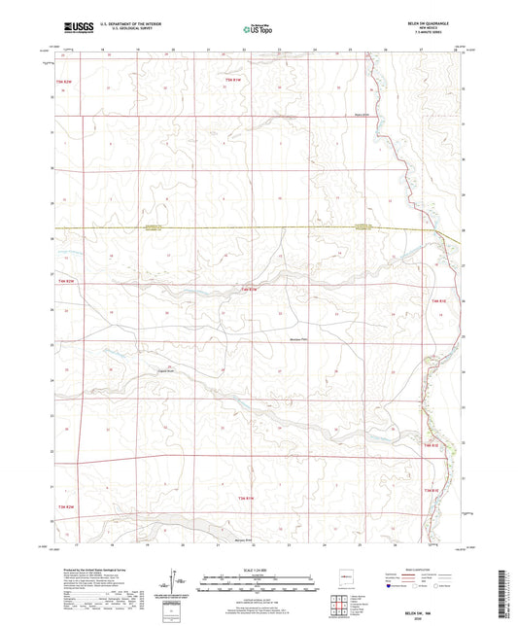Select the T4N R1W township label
[249, 289]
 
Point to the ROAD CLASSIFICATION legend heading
[421, 566]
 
